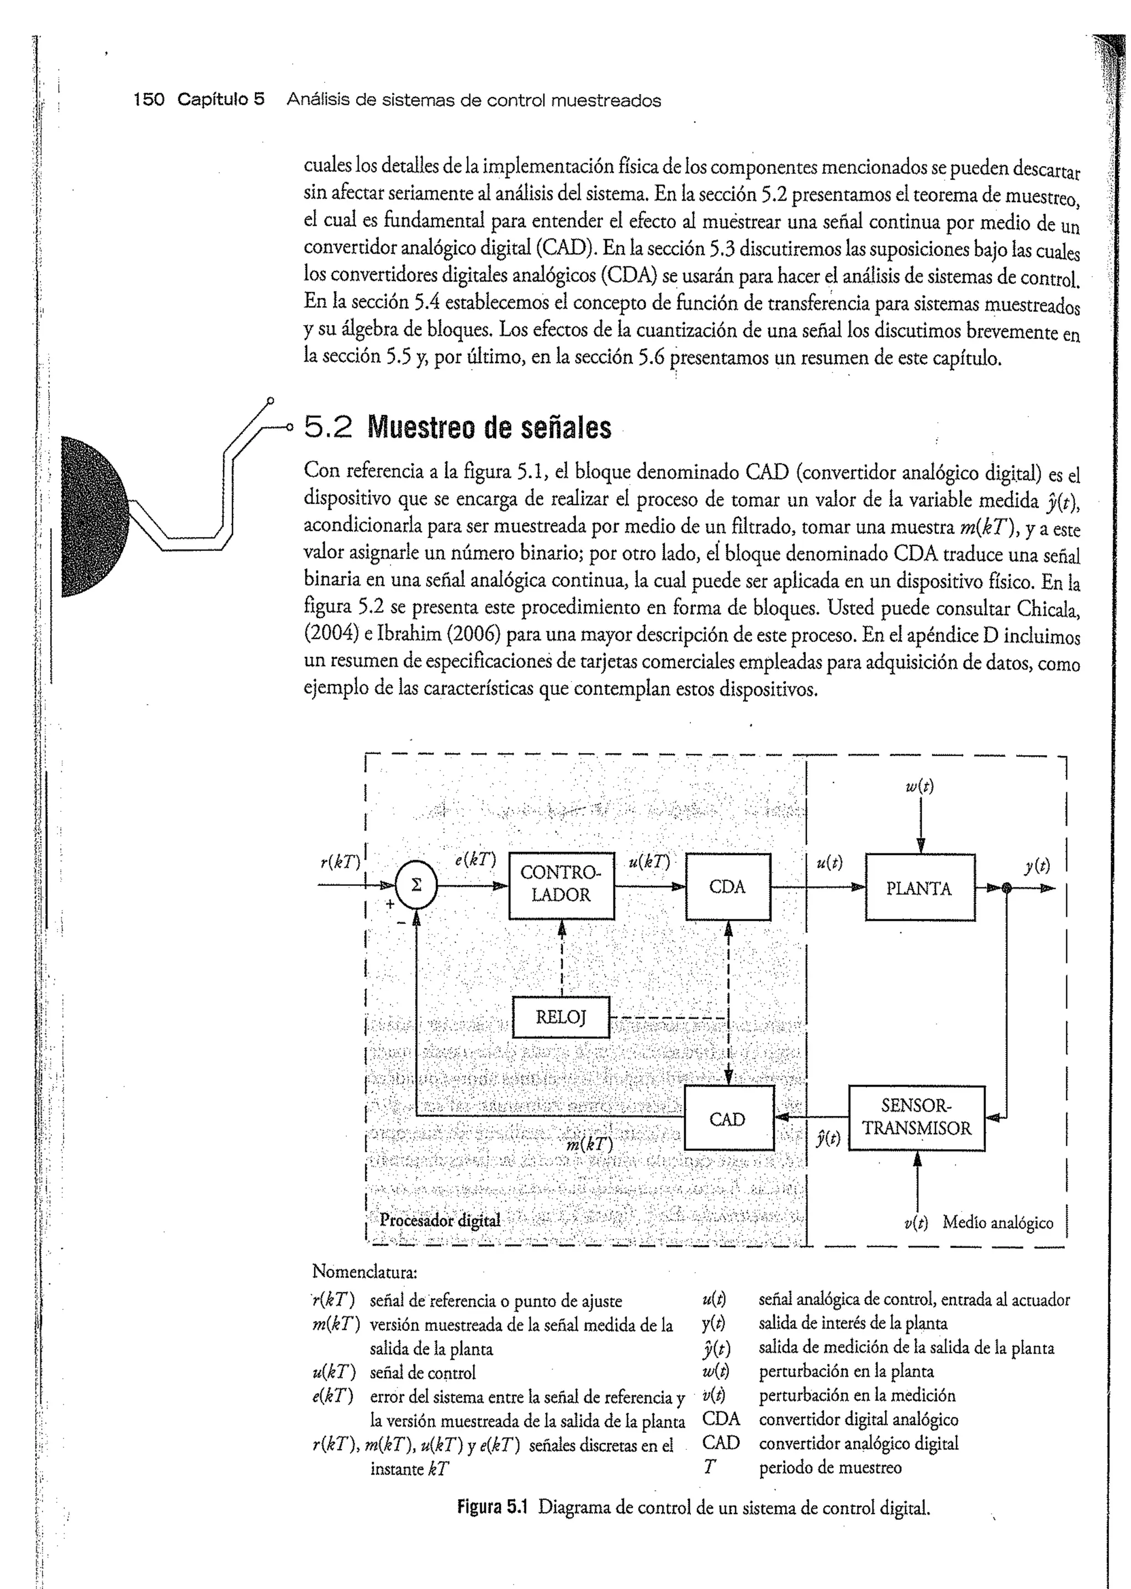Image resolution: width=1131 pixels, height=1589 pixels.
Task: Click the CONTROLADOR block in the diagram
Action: (x=561, y=885)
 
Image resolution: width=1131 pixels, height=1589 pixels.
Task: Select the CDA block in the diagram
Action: (x=728, y=887)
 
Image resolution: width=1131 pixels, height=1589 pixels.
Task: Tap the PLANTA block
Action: (x=919, y=888)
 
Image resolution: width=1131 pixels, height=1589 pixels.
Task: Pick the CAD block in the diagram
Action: (x=728, y=1119)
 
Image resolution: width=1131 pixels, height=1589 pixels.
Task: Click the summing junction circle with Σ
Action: (x=416, y=885)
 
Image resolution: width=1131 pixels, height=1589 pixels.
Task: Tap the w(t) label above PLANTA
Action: (x=919, y=786)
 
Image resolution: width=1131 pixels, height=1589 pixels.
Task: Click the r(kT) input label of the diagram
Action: (x=340, y=863)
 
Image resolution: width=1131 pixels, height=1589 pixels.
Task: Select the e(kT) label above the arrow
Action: (x=475, y=860)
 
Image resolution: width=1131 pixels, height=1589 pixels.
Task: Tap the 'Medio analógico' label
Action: (x=997, y=1222)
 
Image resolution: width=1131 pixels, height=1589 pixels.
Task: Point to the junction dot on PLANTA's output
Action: (x=1006, y=888)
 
